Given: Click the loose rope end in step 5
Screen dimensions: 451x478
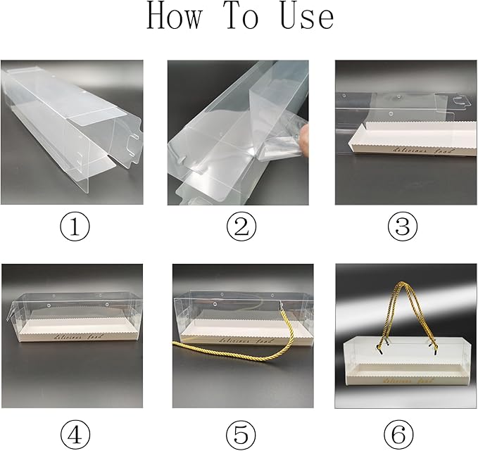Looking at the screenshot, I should (176, 344).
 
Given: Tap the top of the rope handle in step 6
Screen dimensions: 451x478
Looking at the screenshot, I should (405, 284).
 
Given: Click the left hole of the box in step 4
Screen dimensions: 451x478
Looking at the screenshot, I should (43, 304).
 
